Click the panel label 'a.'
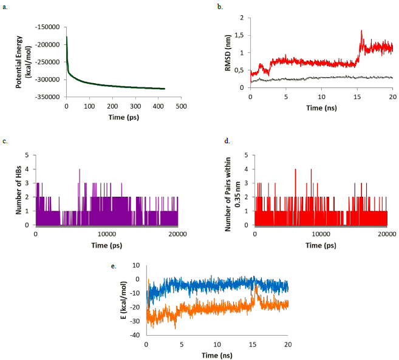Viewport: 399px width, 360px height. coord(5,7)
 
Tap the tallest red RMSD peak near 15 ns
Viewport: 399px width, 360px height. coord(361,31)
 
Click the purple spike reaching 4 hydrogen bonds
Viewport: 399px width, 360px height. coord(79,170)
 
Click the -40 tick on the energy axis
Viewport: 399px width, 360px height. coord(137,335)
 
